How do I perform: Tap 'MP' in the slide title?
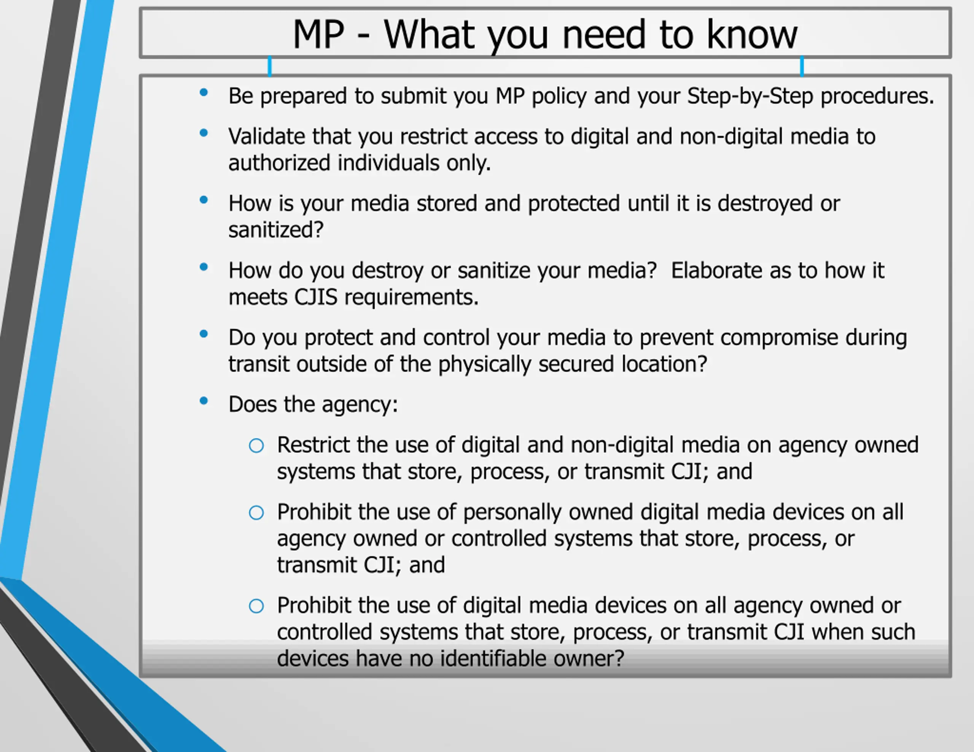[x=318, y=34]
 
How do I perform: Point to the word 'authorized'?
[x=279, y=163]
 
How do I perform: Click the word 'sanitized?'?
[x=275, y=230]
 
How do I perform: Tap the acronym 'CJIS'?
[x=316, y=297]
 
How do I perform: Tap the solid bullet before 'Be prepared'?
[x=204, y=93]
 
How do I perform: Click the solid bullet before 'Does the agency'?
[x=204, y=401]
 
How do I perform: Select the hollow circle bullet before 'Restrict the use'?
[x=256, y=446]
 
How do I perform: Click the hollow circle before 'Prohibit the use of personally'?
[x=256, y=512]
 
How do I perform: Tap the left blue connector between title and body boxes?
[x=269, y=66]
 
